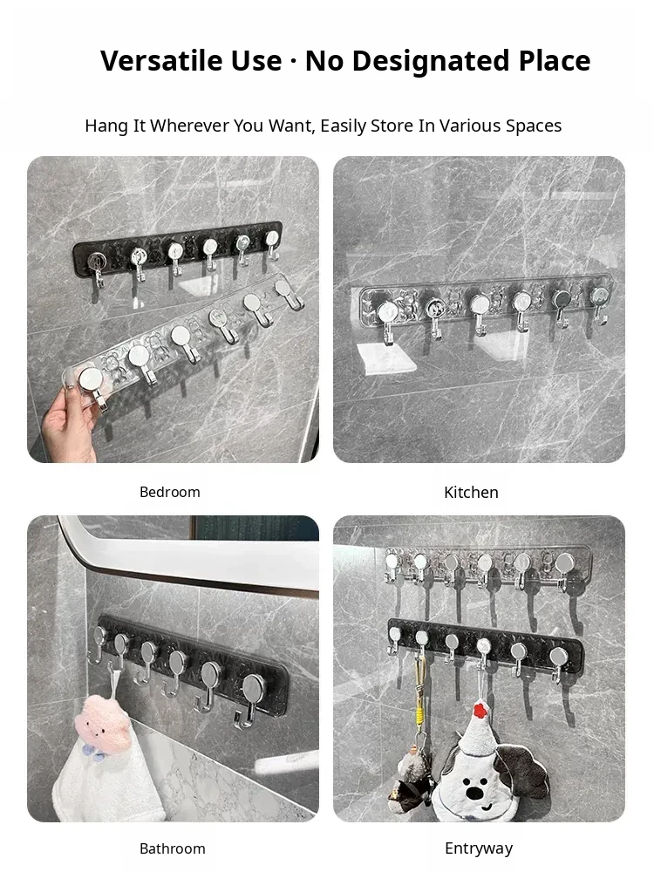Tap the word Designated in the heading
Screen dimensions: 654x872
tap(431, 61)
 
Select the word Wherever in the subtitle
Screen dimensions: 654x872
tap(190, 126)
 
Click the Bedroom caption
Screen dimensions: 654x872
tap(170, 492)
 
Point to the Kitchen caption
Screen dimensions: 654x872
tap(471, 492)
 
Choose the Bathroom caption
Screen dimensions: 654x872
tap(173, 848)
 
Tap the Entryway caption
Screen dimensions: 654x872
tap(479, 848)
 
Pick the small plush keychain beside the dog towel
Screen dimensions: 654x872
tap(413, 776)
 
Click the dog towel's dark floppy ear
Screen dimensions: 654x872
tap(524, 770)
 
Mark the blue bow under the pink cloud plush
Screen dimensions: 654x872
tap(92, 752)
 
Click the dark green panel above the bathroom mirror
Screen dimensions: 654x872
tap(255, 528)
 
